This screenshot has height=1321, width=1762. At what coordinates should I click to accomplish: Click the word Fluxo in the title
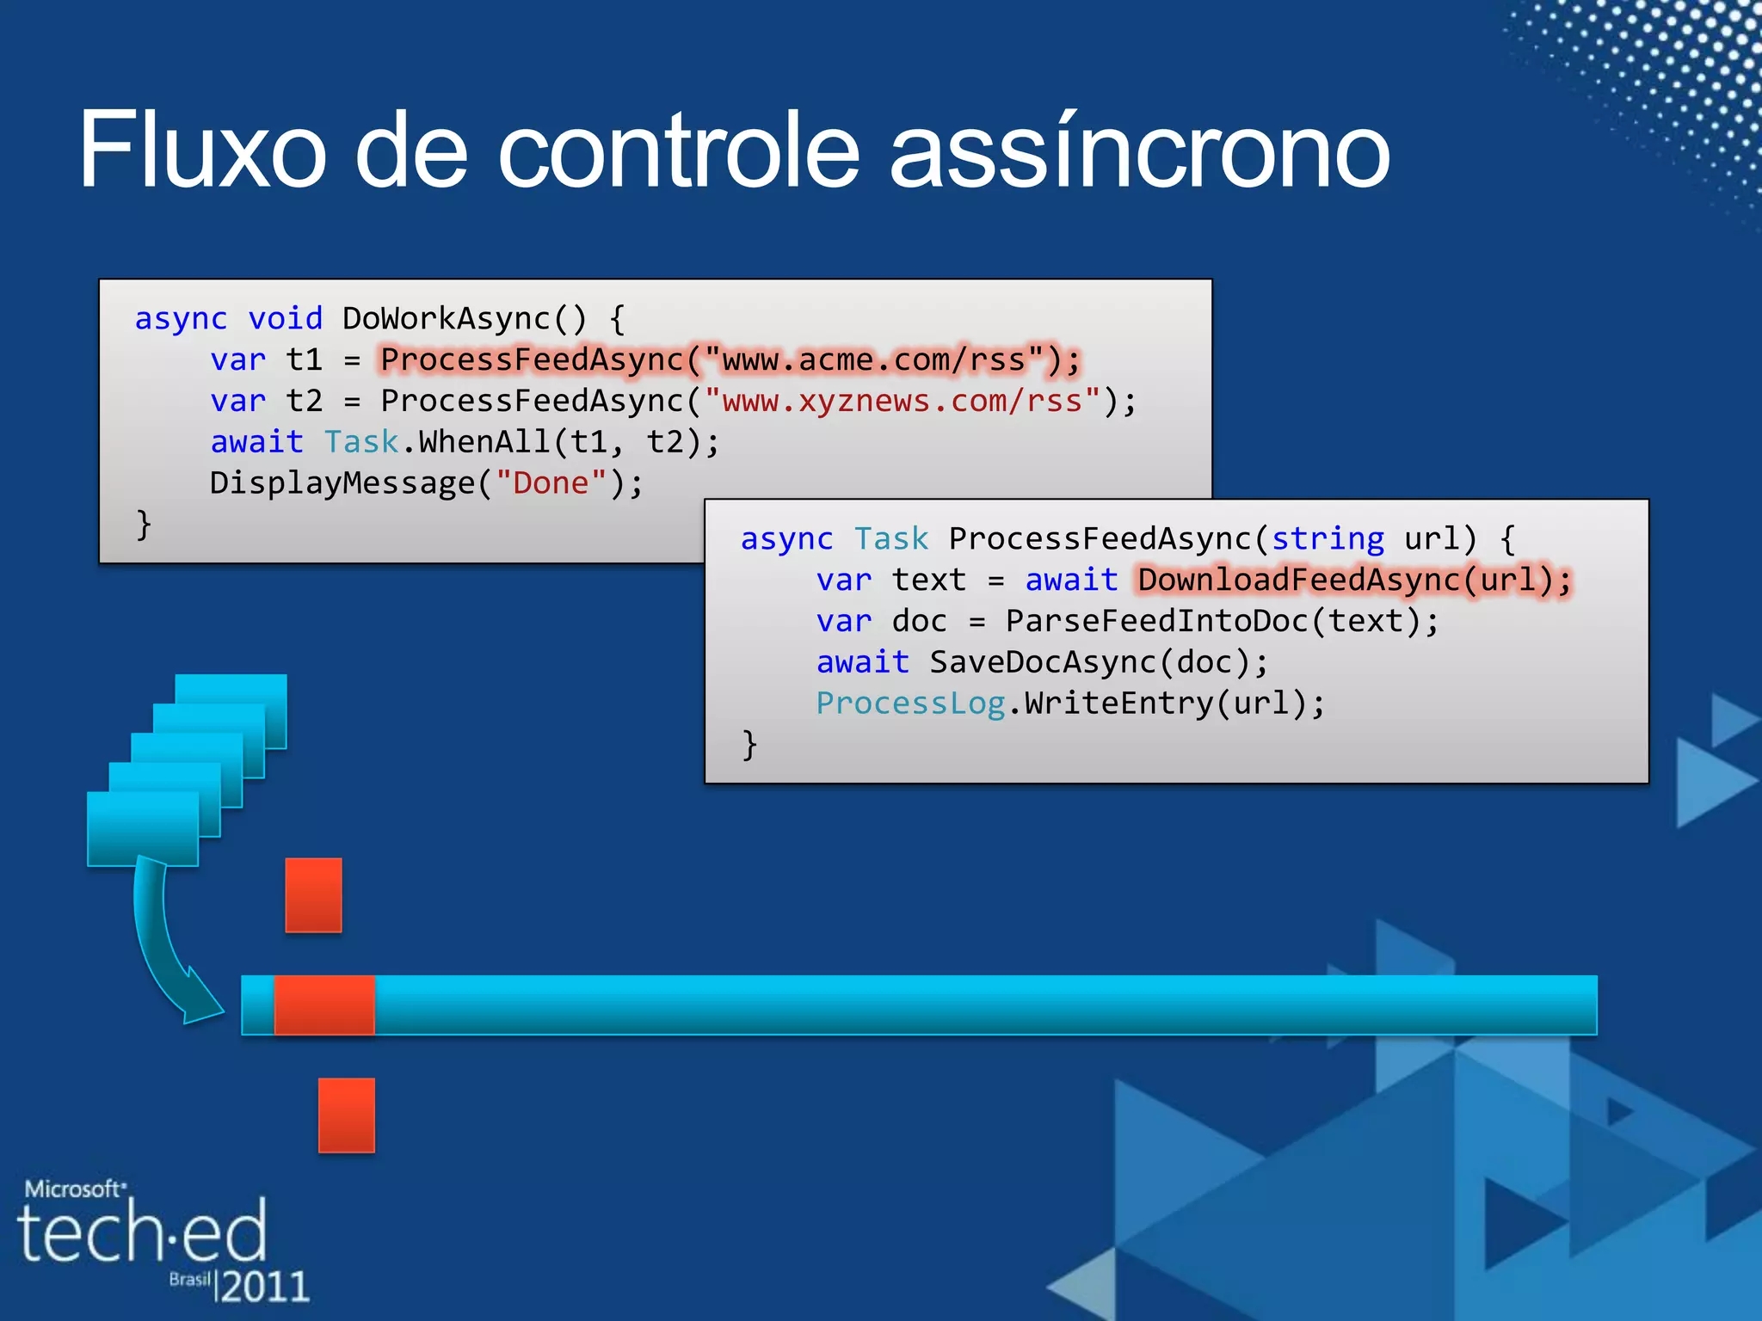[x=202, y=151]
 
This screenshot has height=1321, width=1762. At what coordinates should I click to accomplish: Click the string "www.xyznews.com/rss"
[x=903, y=401]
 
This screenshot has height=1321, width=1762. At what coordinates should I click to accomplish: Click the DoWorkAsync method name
[x=446, y=318]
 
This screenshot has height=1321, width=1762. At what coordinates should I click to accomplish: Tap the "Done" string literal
[x=551, y=483]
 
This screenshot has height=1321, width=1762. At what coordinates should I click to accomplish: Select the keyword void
[x=285, y=318]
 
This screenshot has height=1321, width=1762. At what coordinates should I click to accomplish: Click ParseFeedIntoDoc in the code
[x=1156, y=621]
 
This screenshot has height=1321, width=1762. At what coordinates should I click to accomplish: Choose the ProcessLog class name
[x=910, y=704]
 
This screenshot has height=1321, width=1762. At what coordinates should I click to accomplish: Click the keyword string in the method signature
[x=1328, y=538]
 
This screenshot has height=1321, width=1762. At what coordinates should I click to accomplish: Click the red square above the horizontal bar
[x=313, y=894]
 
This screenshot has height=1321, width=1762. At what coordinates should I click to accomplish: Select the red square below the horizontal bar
[x=346, y=1115]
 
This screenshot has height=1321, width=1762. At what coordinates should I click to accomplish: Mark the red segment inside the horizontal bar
[x=324, y=1005]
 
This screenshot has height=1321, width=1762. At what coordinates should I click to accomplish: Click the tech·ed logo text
[x=142, y=1232]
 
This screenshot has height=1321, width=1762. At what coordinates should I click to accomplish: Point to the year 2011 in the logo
[x=264, y=1287]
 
